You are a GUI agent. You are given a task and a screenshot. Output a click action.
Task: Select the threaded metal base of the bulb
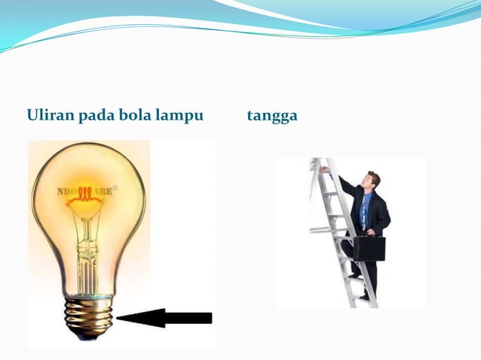(88, 316)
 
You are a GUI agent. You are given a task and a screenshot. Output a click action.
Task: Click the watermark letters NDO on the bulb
(68, 191)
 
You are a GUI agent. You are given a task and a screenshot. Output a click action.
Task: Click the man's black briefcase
(369, 248)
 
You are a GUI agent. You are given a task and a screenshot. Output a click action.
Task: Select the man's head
(372, 181)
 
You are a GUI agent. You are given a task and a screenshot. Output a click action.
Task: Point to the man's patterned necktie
(365, 211)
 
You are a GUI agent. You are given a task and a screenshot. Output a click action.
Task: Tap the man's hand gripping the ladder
(323, 170)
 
